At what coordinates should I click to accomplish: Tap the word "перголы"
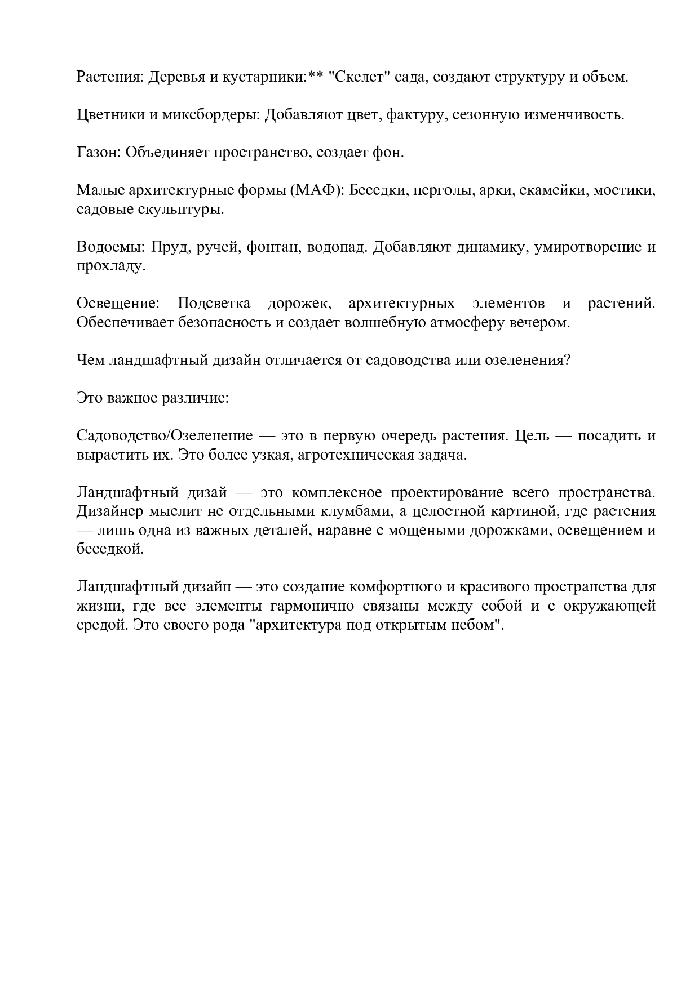coord(444,190)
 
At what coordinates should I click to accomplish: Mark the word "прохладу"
coord(111,266)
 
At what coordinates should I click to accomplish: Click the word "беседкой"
coord(110,549)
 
